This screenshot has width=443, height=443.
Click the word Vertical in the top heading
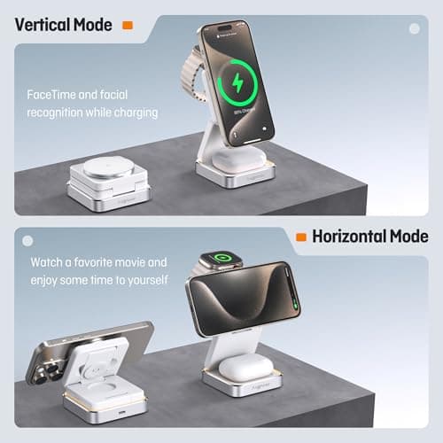[42, 25]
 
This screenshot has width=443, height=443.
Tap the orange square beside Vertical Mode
[128, 26]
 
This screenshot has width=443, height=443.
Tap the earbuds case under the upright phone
[236, 159]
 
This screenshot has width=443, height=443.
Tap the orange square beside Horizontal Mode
[302, 237]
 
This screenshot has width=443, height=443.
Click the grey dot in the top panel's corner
[413, 27]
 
